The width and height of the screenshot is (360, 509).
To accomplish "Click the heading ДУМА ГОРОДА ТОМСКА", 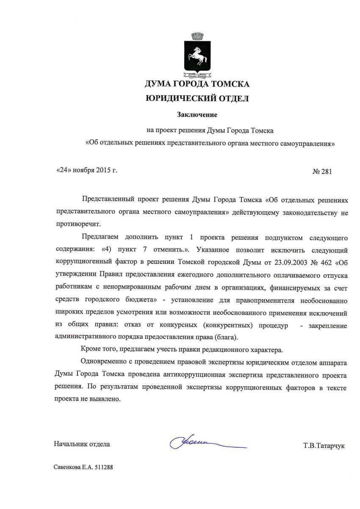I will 197,84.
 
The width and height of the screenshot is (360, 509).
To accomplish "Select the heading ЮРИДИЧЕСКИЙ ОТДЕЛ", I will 197,99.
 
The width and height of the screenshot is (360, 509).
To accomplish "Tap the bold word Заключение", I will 197,114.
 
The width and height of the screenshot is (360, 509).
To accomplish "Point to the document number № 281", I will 322,172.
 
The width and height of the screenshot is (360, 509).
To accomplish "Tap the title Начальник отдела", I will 82,444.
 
